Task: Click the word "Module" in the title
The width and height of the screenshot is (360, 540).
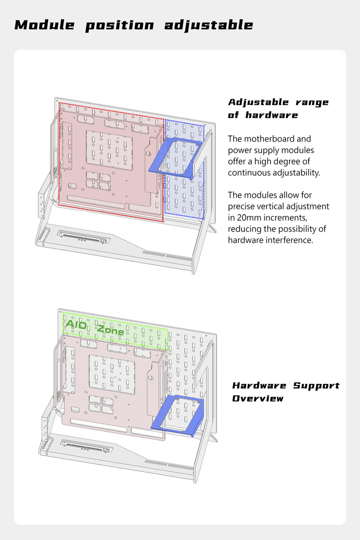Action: click(45, 25)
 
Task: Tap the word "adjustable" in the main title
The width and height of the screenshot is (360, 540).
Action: click(209, 25)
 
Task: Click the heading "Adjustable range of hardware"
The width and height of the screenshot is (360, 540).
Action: click(278, 108)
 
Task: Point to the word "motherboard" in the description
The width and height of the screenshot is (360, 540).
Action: click(277, 139)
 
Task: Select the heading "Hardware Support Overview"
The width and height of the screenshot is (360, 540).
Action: click(286, 392)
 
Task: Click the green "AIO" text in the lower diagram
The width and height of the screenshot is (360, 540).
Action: click(76, 325)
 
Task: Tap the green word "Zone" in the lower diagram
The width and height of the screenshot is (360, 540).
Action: click(110, 330)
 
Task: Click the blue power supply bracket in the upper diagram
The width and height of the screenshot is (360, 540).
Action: click(175, 157)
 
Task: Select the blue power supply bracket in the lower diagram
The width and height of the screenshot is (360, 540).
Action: click(178, 416)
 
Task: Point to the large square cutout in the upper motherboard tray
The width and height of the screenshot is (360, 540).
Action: click(109, 150)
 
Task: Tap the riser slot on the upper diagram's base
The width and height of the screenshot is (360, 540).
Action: click(84, 237)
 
